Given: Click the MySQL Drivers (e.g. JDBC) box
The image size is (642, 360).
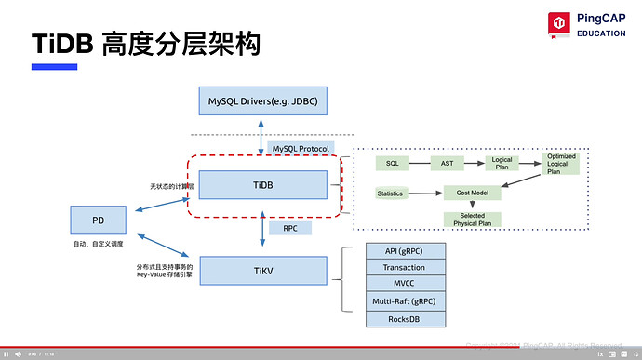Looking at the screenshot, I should (x=262, y=100).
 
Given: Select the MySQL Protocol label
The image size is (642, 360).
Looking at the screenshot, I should (x=299, y=149).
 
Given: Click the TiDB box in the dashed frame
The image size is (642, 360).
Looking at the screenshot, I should (x=262, y=185).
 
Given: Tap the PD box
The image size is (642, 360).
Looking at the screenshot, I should (x=98, y=220).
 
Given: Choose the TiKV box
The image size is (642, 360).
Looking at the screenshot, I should (x=262, y=270).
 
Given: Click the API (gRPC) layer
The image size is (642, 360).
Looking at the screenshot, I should (x=404, y=251).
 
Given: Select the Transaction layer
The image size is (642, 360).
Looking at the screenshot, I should (x=404, y=268).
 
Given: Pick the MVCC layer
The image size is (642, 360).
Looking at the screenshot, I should (x=404, y=285).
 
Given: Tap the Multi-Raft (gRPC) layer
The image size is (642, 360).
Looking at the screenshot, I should (x=404, y=301).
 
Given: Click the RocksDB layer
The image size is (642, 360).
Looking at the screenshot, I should (x=404, y=319).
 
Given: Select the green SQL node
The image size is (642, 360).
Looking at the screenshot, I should (x=392, y=163).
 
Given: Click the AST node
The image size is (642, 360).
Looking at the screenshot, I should (x=447, y=163).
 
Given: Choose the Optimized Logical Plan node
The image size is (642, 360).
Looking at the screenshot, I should (x=561, y=163).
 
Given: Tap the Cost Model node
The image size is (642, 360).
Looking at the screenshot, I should (x=474, y=193).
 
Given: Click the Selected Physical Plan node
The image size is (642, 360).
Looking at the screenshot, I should (x=473, y=220).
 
